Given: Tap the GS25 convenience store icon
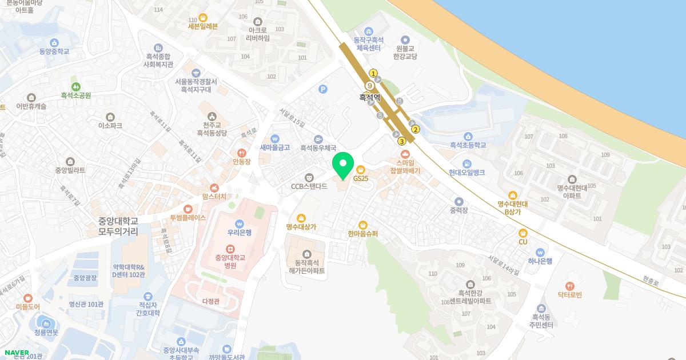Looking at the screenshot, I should (361, 170).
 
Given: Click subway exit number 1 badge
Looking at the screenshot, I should (373, 73).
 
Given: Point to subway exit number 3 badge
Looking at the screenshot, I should (402, 141).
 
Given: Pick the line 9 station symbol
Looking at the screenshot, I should (370, 86).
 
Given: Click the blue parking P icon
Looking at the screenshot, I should (324, 89).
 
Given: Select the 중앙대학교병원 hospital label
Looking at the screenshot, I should (230, 261).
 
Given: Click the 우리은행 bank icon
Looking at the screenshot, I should (239, 223).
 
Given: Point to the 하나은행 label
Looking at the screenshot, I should (540, 261).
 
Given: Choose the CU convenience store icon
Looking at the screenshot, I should (523, 233).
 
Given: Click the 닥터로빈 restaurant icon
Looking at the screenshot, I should (569, 286).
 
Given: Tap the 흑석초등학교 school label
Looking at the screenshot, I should (468, 145).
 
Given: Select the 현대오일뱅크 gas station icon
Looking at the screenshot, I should (468, 163).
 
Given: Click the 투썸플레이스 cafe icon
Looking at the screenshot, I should (188, 209).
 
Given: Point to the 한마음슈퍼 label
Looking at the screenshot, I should (362, 234).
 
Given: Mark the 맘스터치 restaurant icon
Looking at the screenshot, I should (214, 187).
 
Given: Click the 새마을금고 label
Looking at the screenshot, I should (275, 147).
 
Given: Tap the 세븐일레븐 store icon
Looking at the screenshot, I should (203, 17).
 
